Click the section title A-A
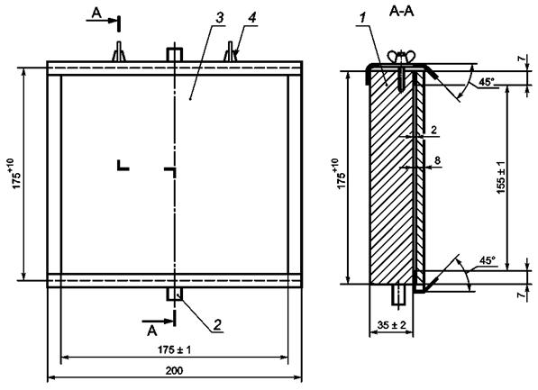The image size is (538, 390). [402, 12]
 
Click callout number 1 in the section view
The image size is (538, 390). [362, 19]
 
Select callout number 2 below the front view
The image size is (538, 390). [218, 324]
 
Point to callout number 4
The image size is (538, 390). [252, 18]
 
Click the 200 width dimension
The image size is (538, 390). [175, 371]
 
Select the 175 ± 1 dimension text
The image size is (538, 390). [174, 349]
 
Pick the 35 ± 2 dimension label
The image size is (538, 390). [391, 324]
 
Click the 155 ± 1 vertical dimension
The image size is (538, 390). [501, 177]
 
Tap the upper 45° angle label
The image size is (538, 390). [487, 82]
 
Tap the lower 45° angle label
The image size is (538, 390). [488, 260]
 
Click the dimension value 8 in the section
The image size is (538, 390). [437, 160]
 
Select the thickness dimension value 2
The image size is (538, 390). [433, 130]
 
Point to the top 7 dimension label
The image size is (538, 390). [522, 59]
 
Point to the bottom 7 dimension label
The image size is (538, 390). [522, 295]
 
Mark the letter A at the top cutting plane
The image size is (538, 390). [96, 13]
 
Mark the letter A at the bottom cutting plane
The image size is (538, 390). [152, 331]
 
